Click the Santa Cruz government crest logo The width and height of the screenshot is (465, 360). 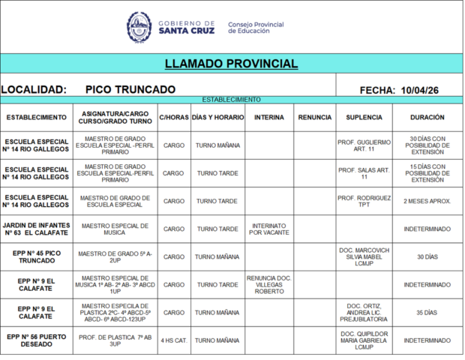click(x=138, y=27)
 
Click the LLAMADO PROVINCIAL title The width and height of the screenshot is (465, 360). click(x=231, y=64)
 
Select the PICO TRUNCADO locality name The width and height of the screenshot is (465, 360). click(x=130, y=90)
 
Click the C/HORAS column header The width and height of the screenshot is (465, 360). click(x=173, y=118)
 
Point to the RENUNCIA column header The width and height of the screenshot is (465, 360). click(x=314, y=118)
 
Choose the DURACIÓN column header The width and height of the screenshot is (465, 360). click(x=427, y=118)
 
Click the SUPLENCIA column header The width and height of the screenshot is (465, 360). click(x=364, y=118)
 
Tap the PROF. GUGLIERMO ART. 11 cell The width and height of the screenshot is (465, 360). click(x=364, y=145)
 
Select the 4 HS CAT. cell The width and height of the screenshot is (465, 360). click(x=173, y=340)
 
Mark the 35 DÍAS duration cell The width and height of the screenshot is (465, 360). click(x=427, y=313)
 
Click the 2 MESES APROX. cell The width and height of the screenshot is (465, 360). click(x=427, y=201)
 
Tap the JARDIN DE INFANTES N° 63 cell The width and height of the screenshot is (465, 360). click(x=36, y=229)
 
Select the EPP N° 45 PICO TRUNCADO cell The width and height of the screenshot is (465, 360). click(x=36, y=256)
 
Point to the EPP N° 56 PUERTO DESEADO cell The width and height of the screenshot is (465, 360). click(x=36, y=340)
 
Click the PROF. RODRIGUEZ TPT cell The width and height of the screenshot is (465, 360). click(x=364, y=201)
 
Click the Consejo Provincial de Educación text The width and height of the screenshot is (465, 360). click(x=256, y=28)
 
